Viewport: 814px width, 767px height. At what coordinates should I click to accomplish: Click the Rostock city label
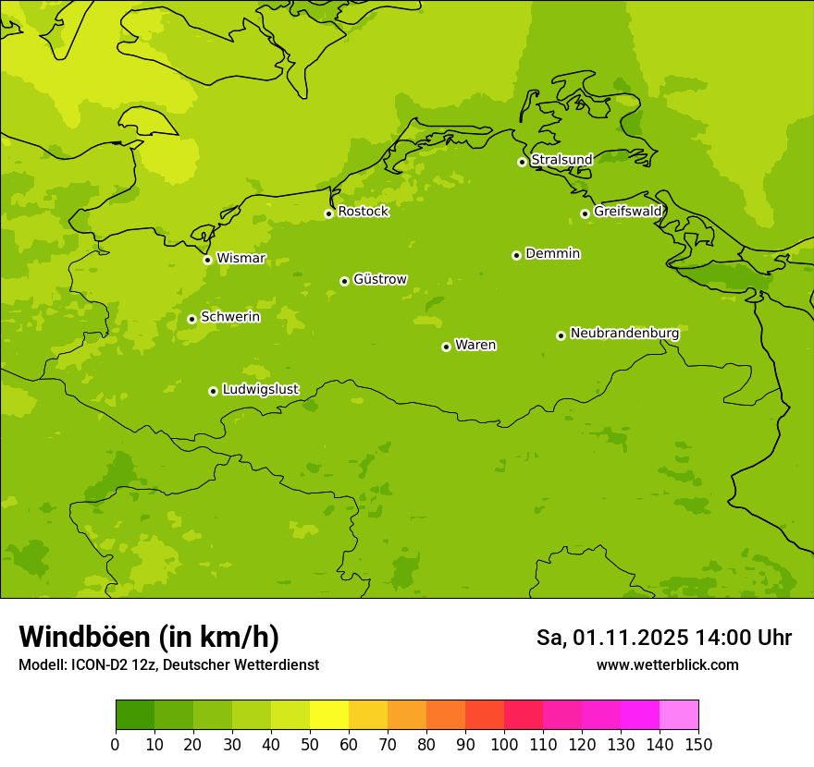363,212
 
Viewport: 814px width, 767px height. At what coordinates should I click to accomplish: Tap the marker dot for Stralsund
522,162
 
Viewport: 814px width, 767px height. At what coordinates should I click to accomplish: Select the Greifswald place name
627,212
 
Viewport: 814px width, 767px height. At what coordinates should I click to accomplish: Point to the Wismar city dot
207,260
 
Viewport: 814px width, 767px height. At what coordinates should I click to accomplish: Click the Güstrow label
379,279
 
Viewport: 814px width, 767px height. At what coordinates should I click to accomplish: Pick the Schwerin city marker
191,319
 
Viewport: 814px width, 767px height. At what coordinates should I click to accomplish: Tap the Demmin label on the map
552,253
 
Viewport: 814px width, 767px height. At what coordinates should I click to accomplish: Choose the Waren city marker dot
446,347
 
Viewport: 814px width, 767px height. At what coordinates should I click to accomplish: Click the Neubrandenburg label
624,334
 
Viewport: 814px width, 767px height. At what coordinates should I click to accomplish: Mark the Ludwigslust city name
260,390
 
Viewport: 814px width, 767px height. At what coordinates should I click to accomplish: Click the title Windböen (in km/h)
149,637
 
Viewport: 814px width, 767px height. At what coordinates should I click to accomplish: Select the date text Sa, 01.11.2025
611,638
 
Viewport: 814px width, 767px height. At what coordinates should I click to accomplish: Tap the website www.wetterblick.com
667,664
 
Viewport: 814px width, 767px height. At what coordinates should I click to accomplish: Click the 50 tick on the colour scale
310,744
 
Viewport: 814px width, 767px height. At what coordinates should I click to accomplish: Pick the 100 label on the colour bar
504,744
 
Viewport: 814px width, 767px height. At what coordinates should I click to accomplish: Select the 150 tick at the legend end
698,744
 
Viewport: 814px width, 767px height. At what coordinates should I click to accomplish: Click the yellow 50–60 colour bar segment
329,715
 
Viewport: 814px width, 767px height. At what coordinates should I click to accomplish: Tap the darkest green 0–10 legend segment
135,715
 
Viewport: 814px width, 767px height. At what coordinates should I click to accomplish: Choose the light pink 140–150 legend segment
679,715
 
